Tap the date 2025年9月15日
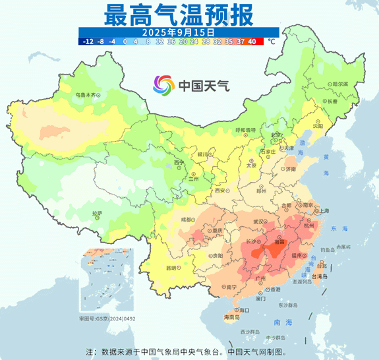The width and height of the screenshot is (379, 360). click(179, 31)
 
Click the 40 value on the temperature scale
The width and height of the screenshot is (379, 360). click(252, 41)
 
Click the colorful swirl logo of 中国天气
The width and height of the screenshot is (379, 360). click(164, 85)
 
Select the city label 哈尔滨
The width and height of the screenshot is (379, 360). click(339, 84)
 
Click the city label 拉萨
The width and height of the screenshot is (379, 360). click(97, 213)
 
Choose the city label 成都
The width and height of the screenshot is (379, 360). click(188, 220)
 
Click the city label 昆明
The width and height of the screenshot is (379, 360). click(171, 268)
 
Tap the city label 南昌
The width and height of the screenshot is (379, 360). click(282, 242)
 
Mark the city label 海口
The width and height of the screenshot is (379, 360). click(244, 309)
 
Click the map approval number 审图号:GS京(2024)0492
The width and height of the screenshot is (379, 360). click(107, 318)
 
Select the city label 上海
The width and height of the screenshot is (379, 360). click(324, 210)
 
